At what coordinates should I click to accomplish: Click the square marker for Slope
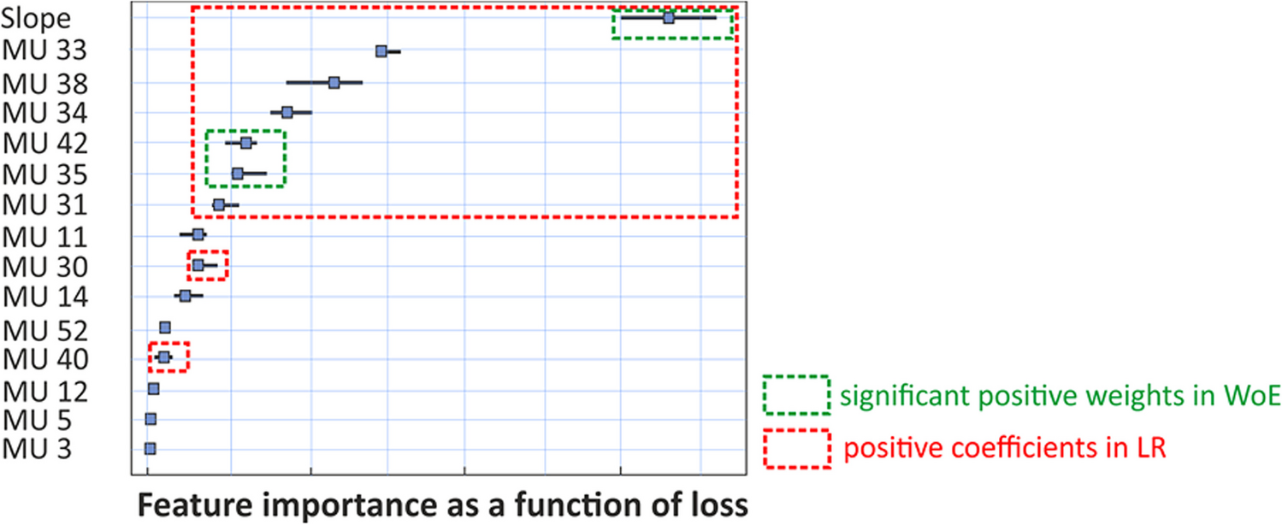[669, 17]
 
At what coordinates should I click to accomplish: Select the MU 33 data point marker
[381, 51]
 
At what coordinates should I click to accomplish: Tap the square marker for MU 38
[334, 83]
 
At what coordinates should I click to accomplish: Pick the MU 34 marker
[287, 112]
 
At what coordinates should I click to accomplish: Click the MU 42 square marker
[246, 143]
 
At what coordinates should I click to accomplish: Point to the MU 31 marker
[219, 204]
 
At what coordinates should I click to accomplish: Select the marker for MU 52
[165, 327]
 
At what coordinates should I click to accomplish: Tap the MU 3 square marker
[151, 448]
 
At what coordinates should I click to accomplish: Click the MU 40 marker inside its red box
[163, 357]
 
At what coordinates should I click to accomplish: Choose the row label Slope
[35, 19]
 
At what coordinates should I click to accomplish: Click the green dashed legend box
[797, 395]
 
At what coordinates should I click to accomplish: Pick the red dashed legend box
[797, 448]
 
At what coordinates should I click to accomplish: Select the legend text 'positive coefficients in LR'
[1005, 449]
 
